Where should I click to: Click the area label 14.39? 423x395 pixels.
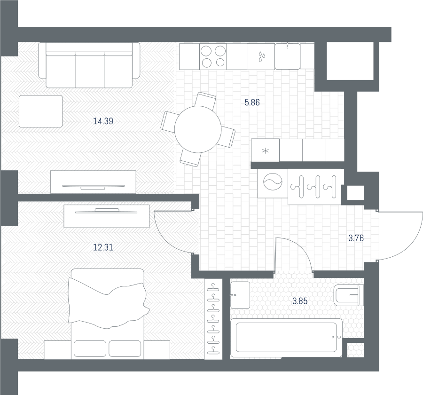pos(103,121)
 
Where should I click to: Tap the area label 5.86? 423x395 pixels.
pos(252,103)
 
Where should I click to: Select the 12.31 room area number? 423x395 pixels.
pos(103,247)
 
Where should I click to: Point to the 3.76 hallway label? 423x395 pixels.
pos(356,238)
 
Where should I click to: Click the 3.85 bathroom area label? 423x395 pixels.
pos(300,301)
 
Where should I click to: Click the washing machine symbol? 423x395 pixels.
pos(273,182)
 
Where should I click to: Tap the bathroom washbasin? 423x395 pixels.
pos(240,295)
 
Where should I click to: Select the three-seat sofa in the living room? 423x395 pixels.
pos(89,65)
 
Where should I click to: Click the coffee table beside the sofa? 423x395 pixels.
pos(40,111)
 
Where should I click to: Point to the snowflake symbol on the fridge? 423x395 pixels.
pos(266,150)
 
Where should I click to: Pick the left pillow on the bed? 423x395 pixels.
pos(90,348)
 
